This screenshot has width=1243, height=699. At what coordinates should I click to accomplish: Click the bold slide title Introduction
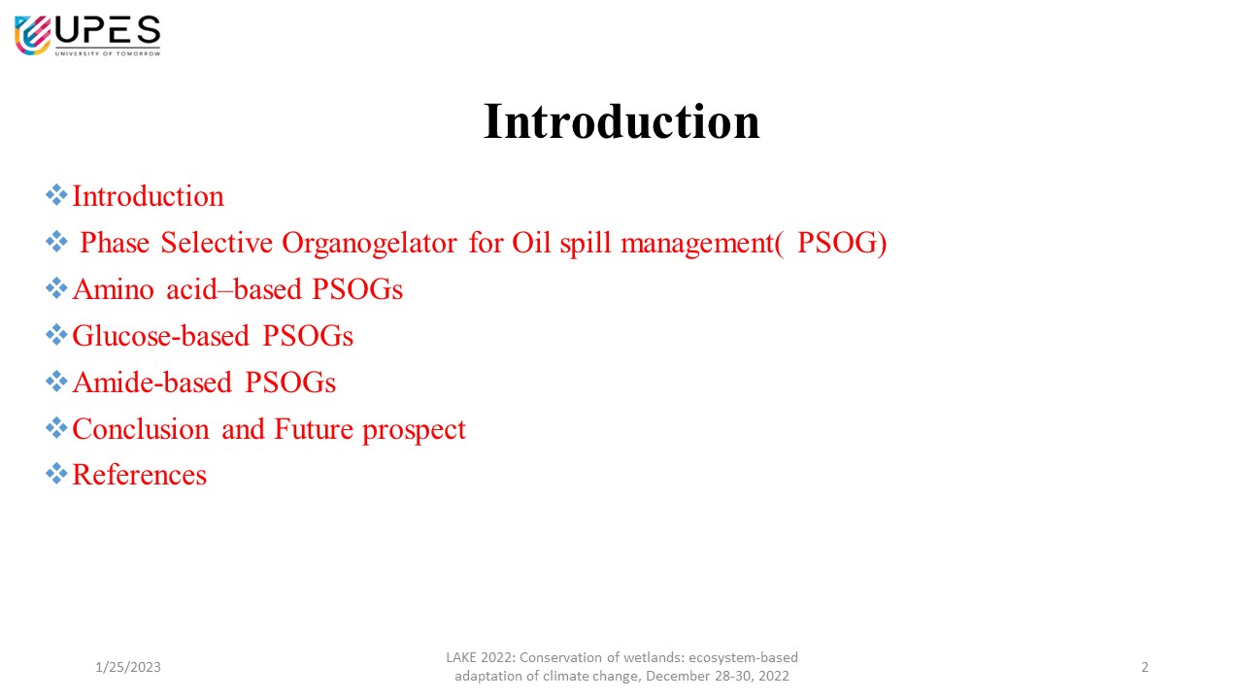point(621,121)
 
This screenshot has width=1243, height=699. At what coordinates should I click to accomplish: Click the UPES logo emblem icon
point(33,36)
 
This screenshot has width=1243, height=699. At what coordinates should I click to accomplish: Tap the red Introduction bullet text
point(149,196)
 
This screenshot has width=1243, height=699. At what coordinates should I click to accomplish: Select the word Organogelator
point(370,244)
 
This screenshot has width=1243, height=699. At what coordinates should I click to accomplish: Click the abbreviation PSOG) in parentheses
point(842,243)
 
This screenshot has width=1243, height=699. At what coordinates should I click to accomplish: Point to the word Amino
point(114,289)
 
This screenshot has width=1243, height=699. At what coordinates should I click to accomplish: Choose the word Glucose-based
point(161,336)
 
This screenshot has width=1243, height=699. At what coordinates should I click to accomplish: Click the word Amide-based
point(152,383)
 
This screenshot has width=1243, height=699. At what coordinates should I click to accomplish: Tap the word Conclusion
point(141,429)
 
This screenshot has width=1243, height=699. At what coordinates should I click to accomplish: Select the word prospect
point(414,430)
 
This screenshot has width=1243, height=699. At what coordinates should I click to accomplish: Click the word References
point(139,475)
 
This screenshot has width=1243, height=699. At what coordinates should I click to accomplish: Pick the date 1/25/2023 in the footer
point(128,667)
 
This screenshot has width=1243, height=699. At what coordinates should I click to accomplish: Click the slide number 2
point(1145,667)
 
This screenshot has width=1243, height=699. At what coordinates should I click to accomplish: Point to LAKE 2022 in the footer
point(481,657)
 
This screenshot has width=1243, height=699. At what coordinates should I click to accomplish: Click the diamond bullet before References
point(56,474)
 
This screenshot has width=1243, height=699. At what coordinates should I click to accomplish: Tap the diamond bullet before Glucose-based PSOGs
point(56,335)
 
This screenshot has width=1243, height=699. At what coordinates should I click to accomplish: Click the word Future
point(314,429)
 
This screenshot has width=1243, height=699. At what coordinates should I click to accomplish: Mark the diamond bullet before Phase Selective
point(56,242)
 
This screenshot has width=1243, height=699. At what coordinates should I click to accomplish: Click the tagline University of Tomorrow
point(108,53)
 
